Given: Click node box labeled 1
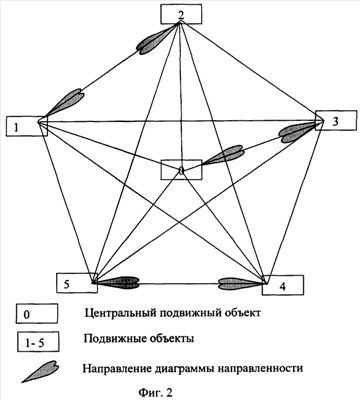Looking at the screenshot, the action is (27, 126).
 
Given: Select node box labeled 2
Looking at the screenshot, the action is (181, 14).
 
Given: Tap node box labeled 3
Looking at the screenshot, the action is (336, 120).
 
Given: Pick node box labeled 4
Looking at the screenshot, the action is (283, 285).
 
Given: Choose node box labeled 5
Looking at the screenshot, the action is (77, 283).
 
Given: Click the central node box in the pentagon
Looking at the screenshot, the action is (181, 169).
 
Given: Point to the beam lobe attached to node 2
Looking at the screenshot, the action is (157, 39).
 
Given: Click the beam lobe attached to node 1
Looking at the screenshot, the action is (63, 104).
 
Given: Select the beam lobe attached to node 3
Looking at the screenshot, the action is (298, 131).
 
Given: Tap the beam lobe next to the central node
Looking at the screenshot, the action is (225, 155).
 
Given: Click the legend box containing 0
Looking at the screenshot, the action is (37, 314).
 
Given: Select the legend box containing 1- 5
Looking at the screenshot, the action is (38, 342).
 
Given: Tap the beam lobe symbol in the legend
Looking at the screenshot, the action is (41, 371).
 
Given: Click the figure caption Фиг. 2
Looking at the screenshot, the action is (157, 392).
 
